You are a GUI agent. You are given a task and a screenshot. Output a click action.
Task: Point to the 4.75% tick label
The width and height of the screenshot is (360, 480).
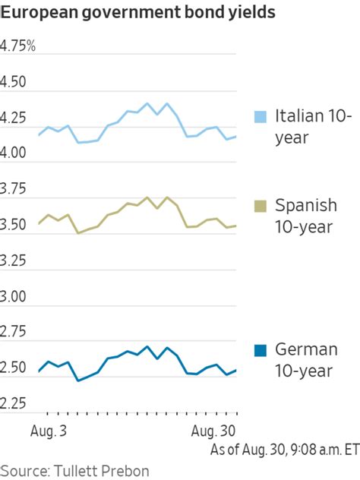tap(18, 46)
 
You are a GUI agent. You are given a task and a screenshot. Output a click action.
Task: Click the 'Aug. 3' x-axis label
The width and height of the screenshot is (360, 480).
tap(47, 429)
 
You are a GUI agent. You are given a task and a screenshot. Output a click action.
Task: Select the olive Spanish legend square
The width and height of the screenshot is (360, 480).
tap(261, 206)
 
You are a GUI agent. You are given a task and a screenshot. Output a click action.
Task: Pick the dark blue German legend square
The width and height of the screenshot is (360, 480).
tap(261, 350)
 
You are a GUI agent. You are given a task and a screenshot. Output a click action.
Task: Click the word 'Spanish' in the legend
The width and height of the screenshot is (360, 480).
tap(305, 206)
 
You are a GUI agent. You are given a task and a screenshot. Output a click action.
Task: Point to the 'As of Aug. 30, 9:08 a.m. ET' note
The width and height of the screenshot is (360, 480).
tap(284, 449)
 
